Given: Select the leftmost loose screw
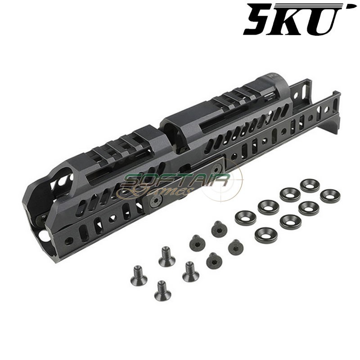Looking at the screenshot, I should click(137, 271).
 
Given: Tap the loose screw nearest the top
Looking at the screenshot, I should click(219, 229).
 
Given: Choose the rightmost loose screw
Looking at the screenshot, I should click(235, 246).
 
